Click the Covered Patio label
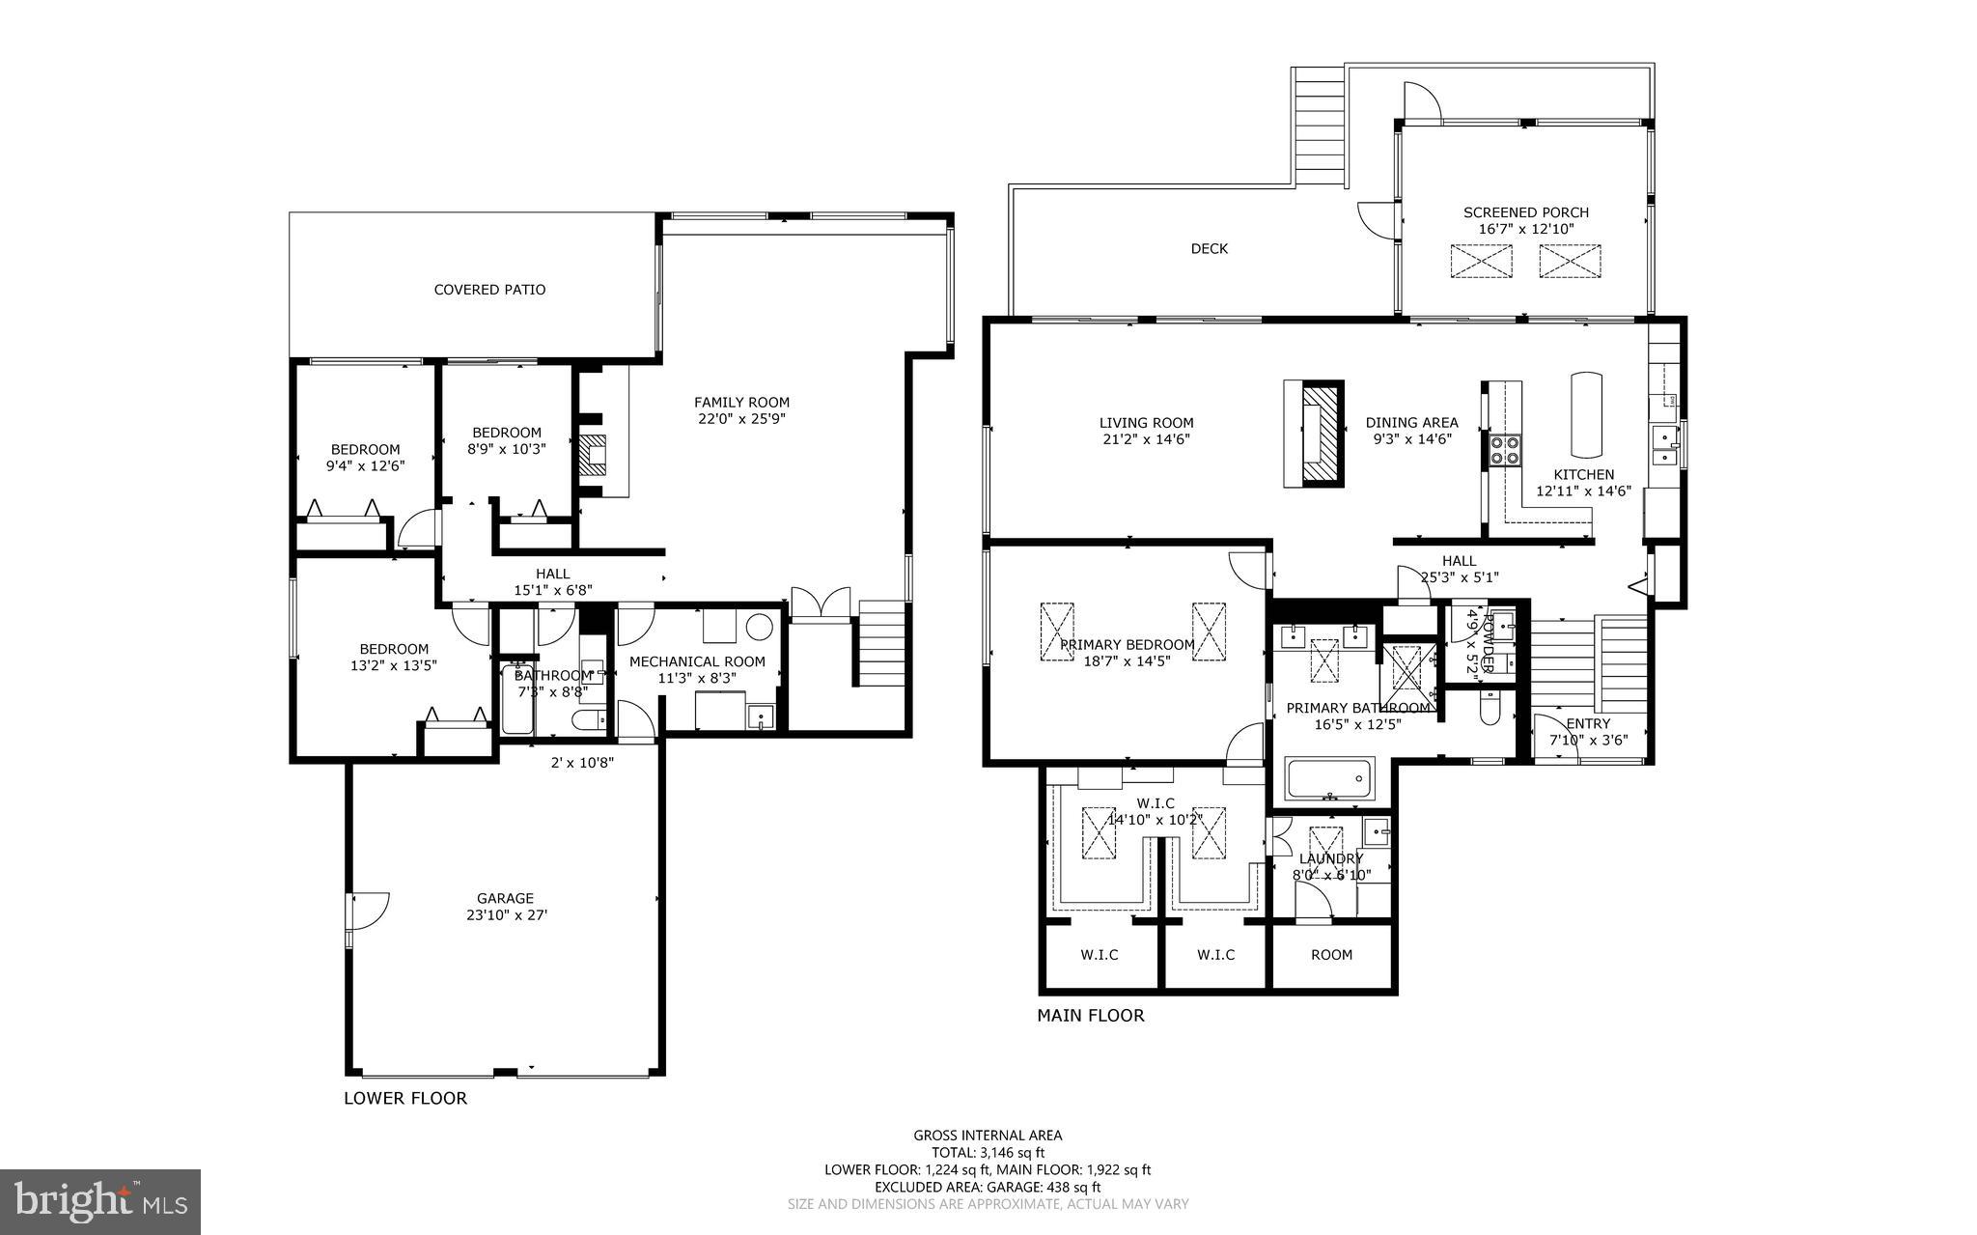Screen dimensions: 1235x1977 pyautogui.click(x=489, y=290)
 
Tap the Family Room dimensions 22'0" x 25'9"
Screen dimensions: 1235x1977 pyautogui.click(x=741, y=419)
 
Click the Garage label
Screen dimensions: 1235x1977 pyautogui.click(x=504, y=898)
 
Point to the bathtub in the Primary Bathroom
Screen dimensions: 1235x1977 pyautogui.click(x=1329, y=778)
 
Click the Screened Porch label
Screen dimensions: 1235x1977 pyautogui.click(x=1525, y=212)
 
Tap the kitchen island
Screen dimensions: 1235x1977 pyautogui.click(x=1586, y=415)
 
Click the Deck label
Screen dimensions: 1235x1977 pyautogui.click(x=1209, y=249)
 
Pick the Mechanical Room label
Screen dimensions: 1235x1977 pyautogui.click(x=697, y=661)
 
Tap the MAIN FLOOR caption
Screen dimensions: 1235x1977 pyautogui.click(x=1090, y=1016)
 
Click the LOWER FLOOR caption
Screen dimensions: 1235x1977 pyautogui.click(x=405, y=1098)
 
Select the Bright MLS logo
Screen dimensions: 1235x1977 pyautogui.click(x=100, y=1200)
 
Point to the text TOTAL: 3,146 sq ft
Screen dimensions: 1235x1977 pyautogui.click(x=988, y=1152)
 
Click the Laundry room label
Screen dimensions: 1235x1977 pyautogui.click(x=1330, y=858)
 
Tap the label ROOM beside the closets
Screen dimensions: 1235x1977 pyautogui.click(x=1331, y=955)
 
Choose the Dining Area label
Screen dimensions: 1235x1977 pyautogui.click(x=1411, y=423)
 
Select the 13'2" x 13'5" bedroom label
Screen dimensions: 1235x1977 pyautogui.click(x=394, y=649)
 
